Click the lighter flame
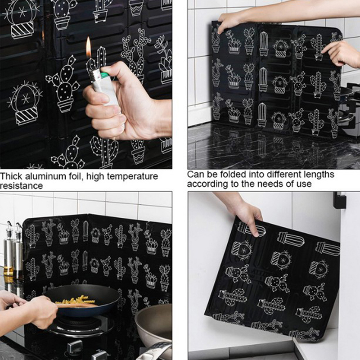pyautogui.click(x=88, y=47)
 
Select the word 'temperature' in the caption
pyautogui.click(x=132, y=177)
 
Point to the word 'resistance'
pyautogui.click(x=21, y=186)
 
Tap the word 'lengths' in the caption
pyautogui.click(x=319, y=175)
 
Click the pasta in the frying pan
pyautogui.click(x=75, y=300)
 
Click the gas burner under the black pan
pyautogui.click(x=81, y=325)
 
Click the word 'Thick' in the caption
pyautogui.click(x=11, y=176)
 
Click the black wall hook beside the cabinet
pyautogui.click(x=339, y=200)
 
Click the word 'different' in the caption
pyautogui.click(x=283, y=175)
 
